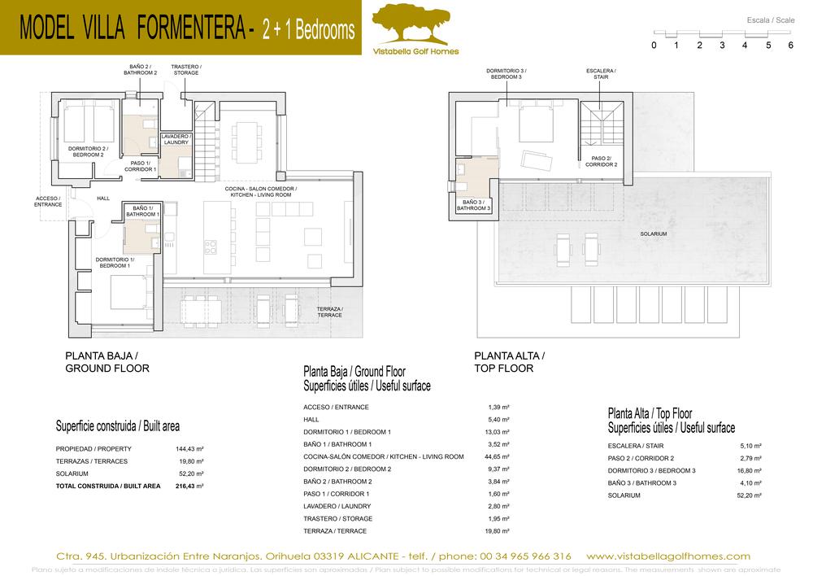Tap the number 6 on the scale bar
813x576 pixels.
[790, 46]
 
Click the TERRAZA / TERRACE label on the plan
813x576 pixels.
[329, 312]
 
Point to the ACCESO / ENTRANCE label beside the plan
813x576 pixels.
[49, 201]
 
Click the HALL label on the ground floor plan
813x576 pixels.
[103, 198]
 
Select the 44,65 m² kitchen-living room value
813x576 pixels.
[496, 456]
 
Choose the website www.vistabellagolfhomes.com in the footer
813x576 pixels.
[667, 556]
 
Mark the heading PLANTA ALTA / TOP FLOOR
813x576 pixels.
[509, 362]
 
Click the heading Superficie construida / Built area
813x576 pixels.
[117, 425]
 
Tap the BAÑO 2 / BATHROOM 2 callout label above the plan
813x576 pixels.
[140, 69]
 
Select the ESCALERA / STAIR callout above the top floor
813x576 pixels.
[601, 74]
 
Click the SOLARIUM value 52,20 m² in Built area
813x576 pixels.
[190, 473]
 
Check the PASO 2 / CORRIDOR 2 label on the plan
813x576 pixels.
[602, 161]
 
